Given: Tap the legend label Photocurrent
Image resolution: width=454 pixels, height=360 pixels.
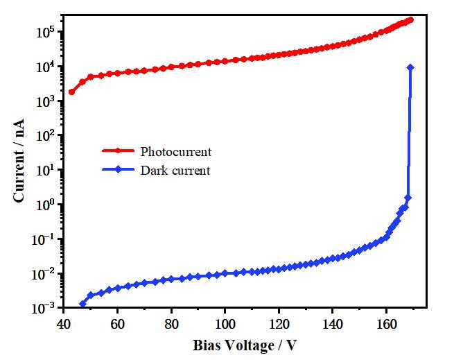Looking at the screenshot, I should [175, 151].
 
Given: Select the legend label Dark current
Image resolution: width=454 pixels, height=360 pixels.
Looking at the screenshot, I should [175, 170].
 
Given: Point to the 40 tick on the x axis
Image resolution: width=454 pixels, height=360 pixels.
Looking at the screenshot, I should [64, 324].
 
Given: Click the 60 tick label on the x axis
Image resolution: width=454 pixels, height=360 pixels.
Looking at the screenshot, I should [117, 324].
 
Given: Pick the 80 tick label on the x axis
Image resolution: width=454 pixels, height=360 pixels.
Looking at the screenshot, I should [171, 324].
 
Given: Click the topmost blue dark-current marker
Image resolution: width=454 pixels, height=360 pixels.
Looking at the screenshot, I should [410, 67].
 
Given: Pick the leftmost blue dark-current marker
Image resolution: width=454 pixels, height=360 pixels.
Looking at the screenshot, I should [83, 304].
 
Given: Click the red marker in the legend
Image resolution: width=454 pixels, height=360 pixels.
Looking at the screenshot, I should [118, 151].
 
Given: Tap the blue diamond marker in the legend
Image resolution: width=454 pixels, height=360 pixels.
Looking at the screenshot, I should [118, 170].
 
